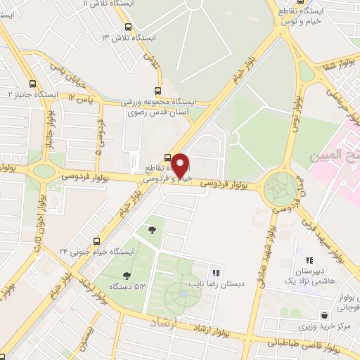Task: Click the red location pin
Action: point(180,165)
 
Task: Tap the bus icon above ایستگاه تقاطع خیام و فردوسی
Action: point(167,157)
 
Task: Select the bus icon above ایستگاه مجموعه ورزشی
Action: point(157,91)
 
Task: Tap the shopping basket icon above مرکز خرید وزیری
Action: point(324,315)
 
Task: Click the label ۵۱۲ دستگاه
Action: point(127,286)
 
